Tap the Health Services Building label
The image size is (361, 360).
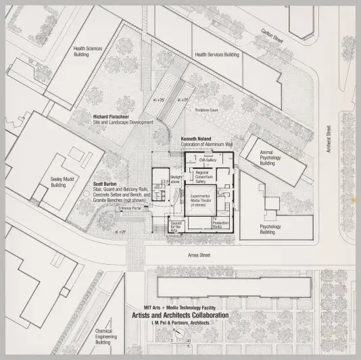point(217,55)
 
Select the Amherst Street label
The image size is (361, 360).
point(327,140)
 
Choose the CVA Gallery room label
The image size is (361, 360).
point(208,160)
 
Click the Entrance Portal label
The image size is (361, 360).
point(129,209)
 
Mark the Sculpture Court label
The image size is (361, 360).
point(206,109)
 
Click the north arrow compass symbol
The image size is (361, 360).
point(178,339)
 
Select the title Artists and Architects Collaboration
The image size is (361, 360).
point(180,315)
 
